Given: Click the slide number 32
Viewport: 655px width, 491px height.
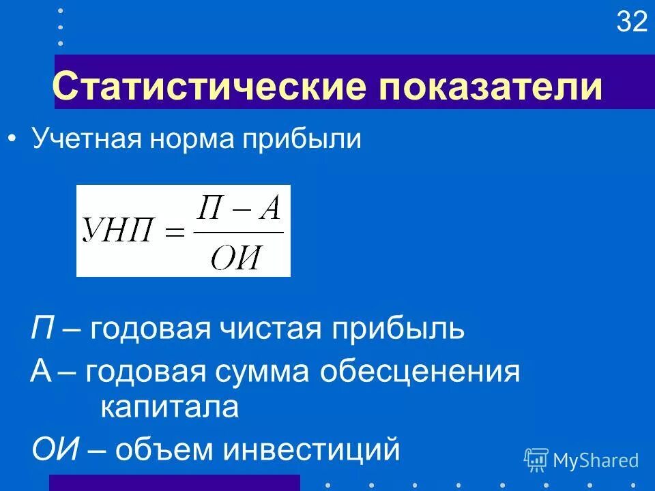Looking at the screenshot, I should click(631, 23).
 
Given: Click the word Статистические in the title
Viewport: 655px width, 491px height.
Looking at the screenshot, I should click(166, 87).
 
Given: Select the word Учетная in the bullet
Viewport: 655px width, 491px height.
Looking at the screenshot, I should click(83, 140).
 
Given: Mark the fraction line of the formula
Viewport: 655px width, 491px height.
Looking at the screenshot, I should click(238, 233).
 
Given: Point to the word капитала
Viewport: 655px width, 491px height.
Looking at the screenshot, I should click(170, 408).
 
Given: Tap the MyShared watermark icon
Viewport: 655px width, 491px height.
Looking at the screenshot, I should click(536, 460).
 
